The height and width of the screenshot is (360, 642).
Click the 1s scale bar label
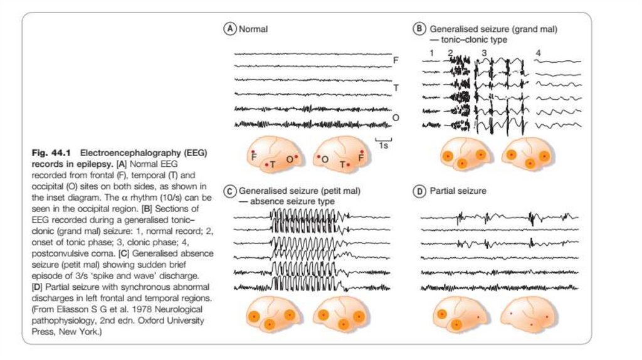tap(382, 145)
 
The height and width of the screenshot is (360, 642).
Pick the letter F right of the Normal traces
tap(396, 60)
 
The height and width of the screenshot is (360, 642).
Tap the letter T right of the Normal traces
tap(396, 88)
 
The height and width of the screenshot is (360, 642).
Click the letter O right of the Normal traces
tap(396, 117)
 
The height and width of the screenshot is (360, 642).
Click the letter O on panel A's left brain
tap(289, 160)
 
